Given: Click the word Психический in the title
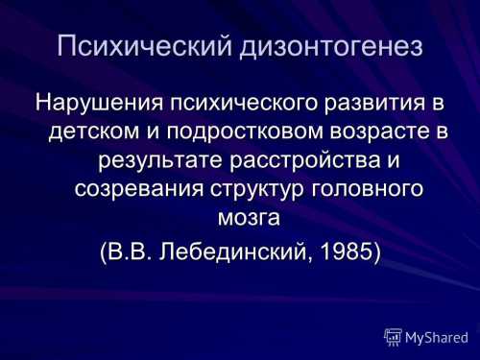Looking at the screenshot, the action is point(144,46).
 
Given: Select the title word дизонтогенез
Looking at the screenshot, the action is point(331,47).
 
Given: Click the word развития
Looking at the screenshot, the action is point(375,104).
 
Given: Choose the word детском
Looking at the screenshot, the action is point(94,132).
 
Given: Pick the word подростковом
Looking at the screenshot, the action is point(245,132).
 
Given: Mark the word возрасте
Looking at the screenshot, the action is point(379,132).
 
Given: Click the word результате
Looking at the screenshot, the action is point(160,160).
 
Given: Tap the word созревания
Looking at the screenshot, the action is point(139,189).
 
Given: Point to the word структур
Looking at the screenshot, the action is point(256,189).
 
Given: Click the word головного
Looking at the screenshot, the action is point(367,189).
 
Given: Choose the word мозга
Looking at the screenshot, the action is point(249,218).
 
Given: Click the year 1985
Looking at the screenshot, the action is point(346,251).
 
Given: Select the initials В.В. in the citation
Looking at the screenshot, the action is point(130,251).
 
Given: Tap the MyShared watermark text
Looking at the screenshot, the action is point(437,338).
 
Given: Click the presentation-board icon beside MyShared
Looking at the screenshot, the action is point(393,337).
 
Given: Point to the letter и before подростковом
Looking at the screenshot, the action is point(153,132).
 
